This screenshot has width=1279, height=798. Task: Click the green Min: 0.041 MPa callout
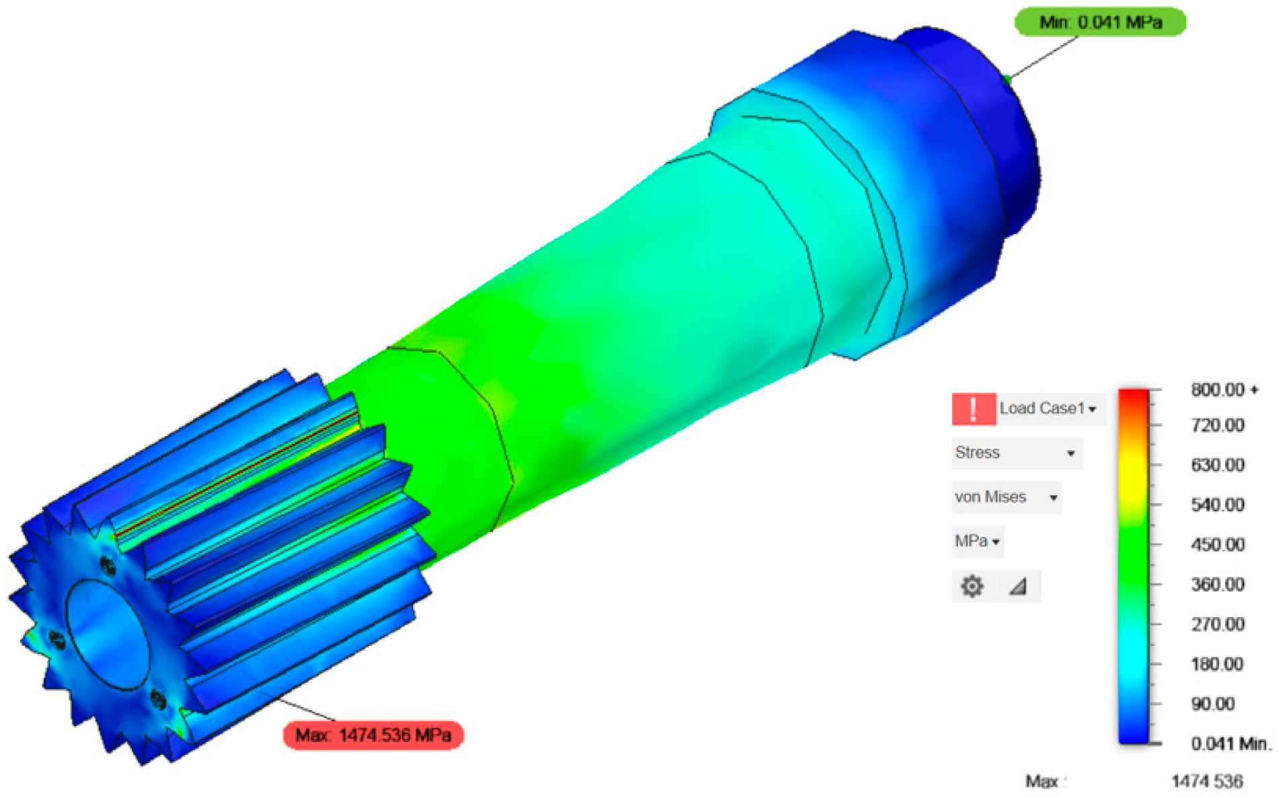click(1100, 22)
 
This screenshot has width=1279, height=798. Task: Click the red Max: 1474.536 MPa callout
click(373, 735)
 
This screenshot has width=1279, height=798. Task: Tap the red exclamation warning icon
click(974, 408)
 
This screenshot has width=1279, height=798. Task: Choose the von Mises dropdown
click(1007, 497)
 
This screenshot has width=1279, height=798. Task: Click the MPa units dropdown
click(978, 542)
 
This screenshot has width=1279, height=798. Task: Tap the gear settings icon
click(972, 586)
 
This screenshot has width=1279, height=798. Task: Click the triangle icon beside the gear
click(1018, 587)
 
